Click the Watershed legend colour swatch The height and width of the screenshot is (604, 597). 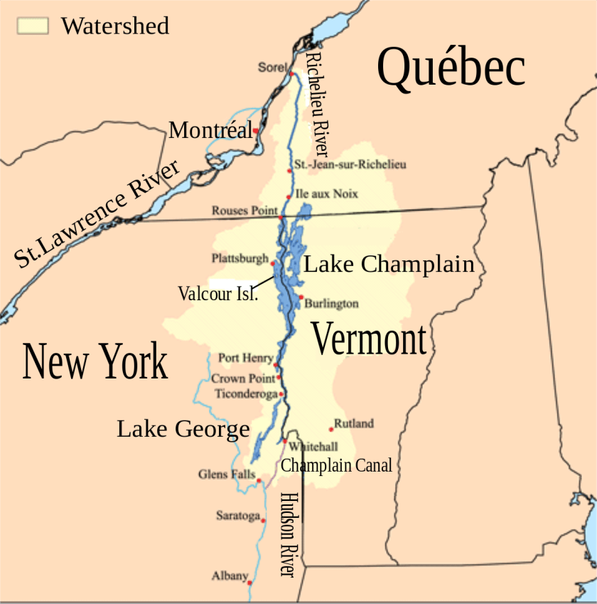tap(33, 26)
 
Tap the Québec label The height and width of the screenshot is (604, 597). tap(451, 69)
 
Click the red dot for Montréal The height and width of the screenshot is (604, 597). tap(255, 131)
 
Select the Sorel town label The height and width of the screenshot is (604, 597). tap(271, 68)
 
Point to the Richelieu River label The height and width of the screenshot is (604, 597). tap(316, 104)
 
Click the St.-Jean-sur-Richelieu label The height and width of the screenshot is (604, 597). tap(350, 165)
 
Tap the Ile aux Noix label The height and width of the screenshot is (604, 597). tap(327, 194)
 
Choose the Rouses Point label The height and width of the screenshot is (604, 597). tap(244, 211)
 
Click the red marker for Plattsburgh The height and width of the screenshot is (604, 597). tap(273, 263)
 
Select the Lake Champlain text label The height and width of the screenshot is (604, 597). tap(389, 264)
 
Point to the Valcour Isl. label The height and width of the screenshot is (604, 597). tap(217, 293)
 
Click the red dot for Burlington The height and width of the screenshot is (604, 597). tap(301, 297)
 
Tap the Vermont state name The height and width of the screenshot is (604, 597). tap(369, 339)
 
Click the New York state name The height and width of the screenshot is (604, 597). tap(95, 361)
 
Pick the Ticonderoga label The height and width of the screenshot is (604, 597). tap(246, 393)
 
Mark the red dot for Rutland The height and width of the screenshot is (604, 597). tap(330, 429)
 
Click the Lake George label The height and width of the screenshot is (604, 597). tap(183, 429)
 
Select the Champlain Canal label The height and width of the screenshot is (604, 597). tap(336, 465)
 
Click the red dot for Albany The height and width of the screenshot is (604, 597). tap(250, 583)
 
